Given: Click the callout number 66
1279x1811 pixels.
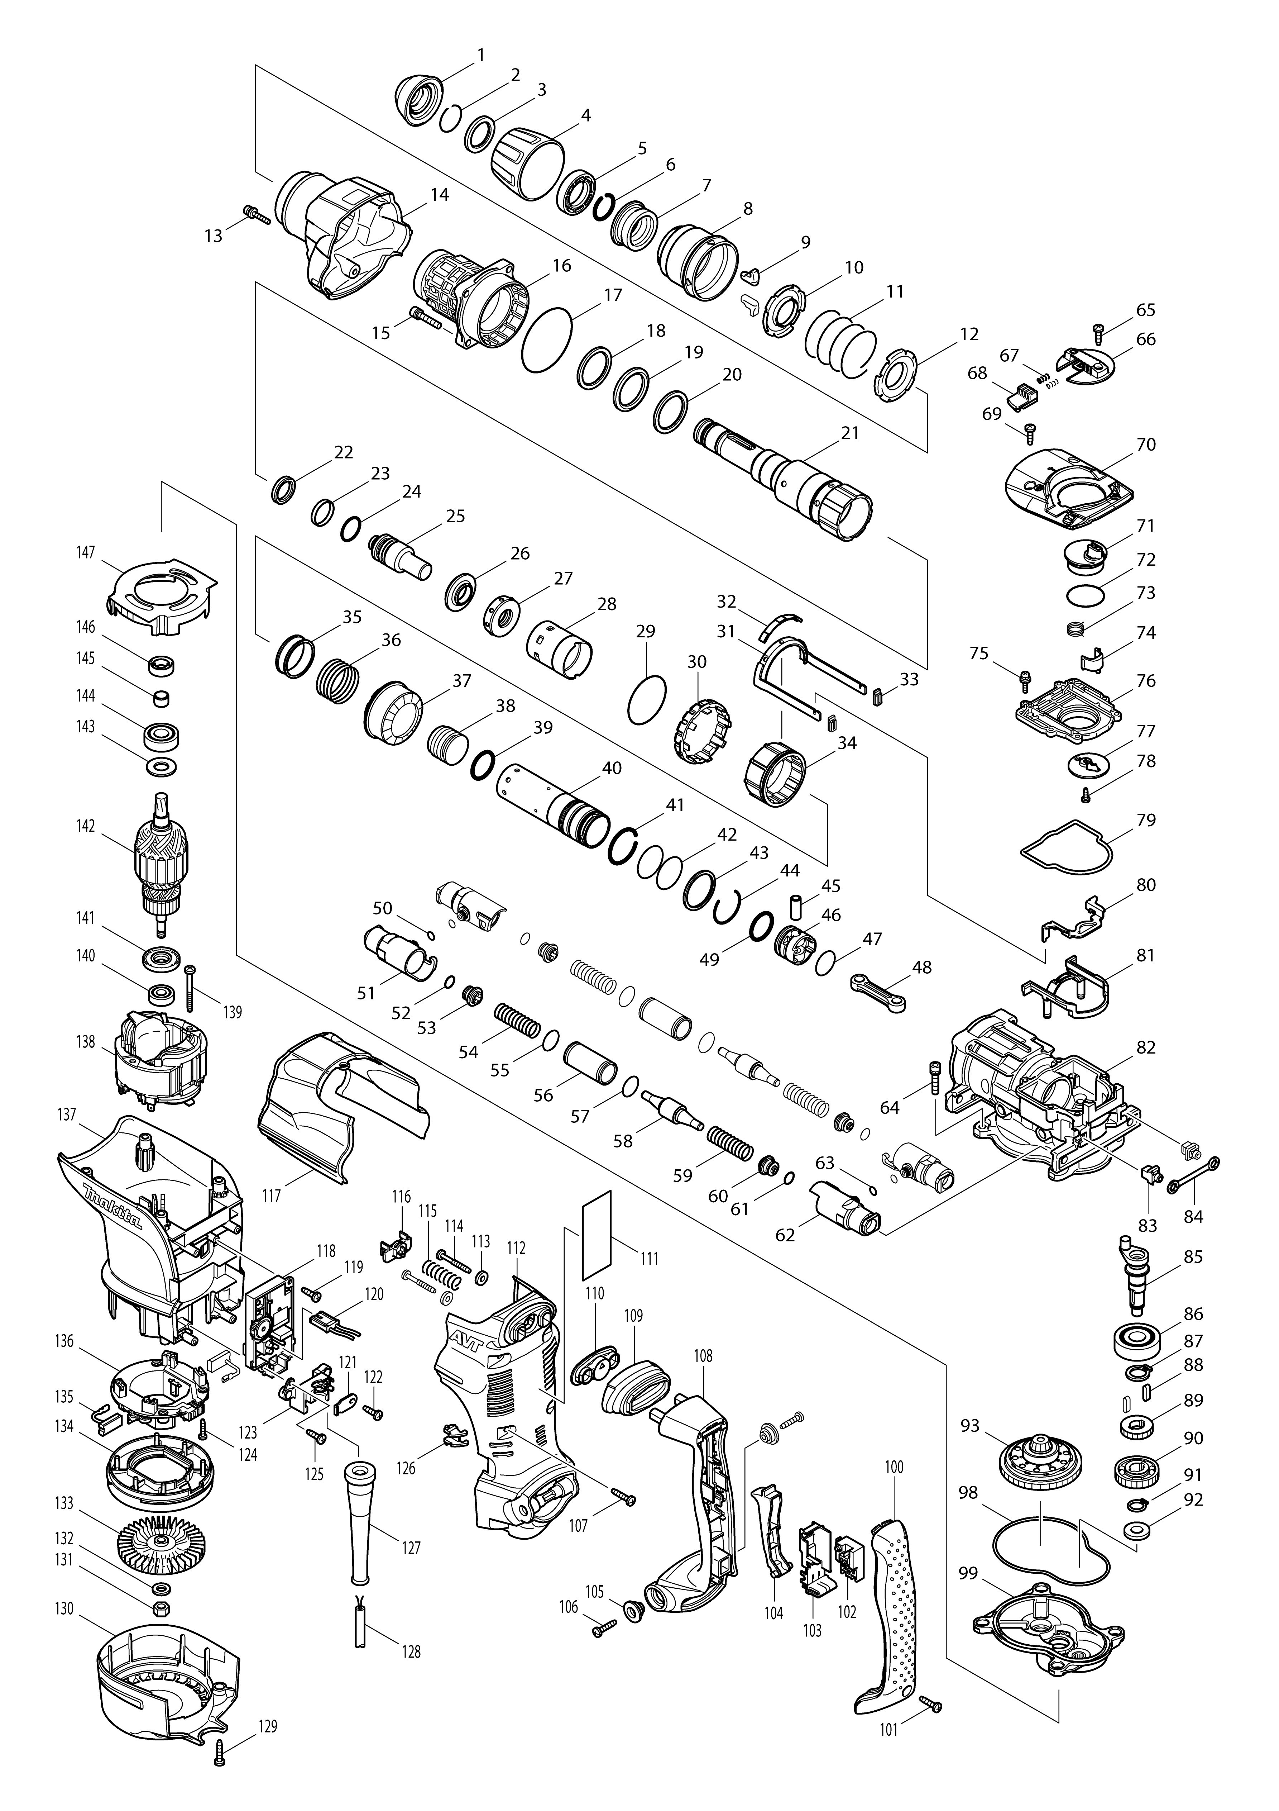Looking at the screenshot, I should (x=1146, y=339).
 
